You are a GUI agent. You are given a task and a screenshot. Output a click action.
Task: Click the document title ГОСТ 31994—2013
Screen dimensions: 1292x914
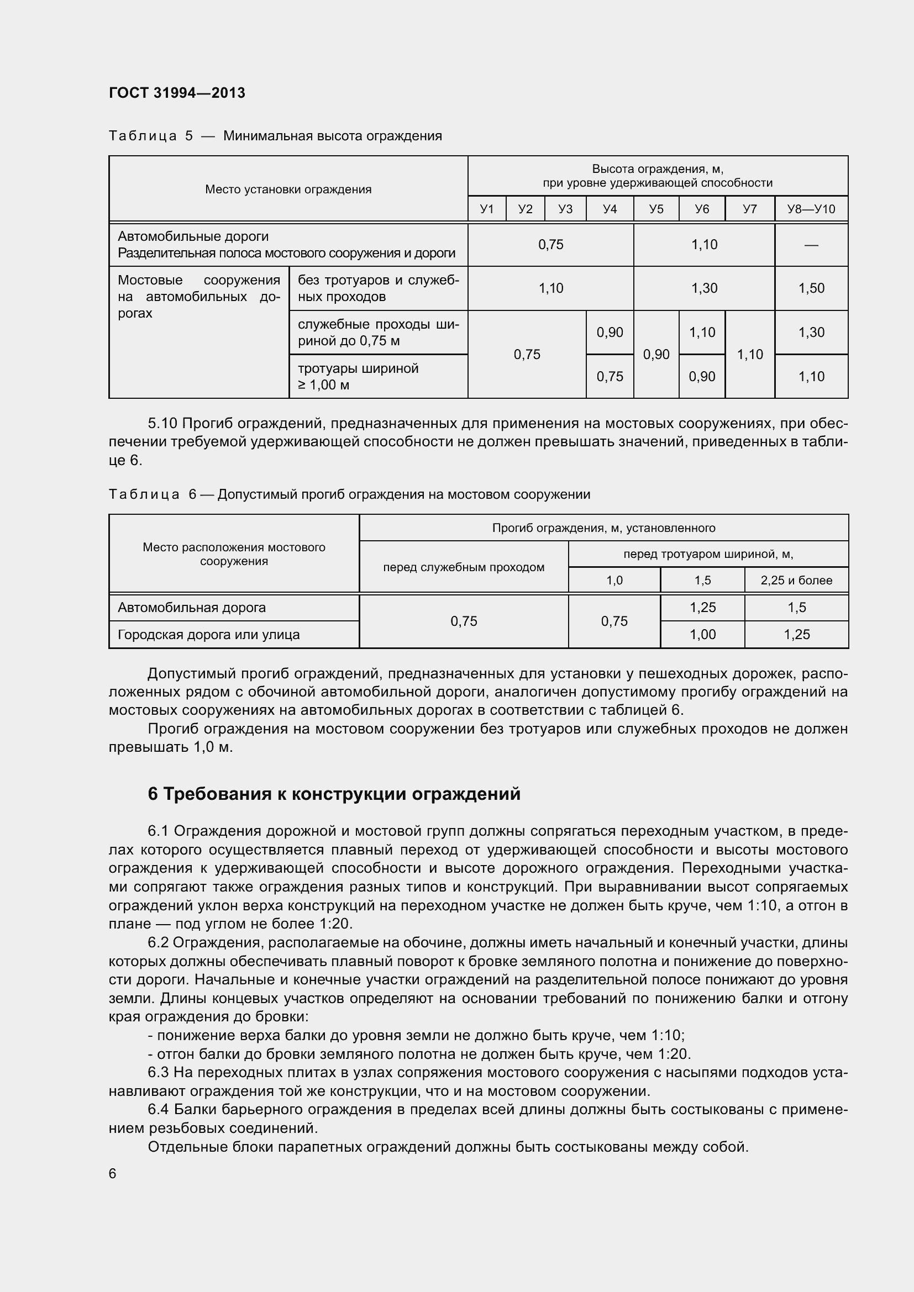[177, 93]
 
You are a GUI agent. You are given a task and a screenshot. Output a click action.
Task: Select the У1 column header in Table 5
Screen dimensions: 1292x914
[486, 209]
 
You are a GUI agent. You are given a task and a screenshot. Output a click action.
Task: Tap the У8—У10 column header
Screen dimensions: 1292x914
[811, 209]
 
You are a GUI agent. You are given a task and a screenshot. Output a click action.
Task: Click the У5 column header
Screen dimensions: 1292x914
[656, 209]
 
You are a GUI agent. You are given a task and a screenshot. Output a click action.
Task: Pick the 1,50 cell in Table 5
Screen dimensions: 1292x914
[811, 288]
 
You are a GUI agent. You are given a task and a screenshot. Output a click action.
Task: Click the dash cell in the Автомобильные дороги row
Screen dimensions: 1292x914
[811, 245]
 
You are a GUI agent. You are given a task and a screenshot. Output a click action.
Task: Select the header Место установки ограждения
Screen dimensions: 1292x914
[288, 189]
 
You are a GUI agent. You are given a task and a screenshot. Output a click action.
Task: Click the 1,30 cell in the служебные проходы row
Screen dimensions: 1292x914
[811, 332]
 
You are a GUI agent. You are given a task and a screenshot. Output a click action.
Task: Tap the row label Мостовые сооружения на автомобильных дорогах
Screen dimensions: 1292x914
[199, 297]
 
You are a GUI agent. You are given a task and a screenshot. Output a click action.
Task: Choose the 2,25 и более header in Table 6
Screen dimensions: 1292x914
[796, 580]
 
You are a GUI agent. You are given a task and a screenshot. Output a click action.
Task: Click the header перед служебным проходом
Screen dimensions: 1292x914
[463, 567]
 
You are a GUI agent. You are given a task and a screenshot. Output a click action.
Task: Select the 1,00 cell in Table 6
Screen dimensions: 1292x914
[702, 635]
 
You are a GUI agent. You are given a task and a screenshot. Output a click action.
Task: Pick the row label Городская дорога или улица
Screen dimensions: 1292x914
[208, 635]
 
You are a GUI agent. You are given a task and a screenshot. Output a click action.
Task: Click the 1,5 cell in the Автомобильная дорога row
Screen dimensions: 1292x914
[796, 608]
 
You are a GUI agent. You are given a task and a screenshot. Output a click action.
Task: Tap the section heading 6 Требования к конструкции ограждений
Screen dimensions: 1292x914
[334, 794]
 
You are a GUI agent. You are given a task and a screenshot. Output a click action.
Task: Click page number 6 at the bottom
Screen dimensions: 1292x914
[113, 1173]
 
